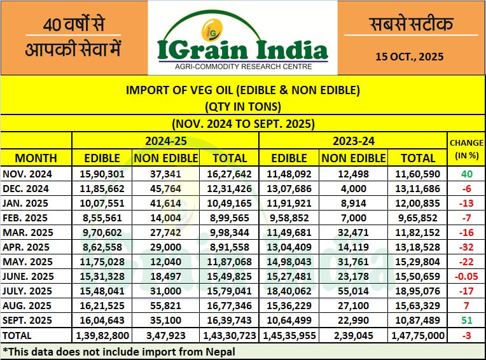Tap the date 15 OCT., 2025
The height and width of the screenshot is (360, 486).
pyautogui.click(x=410, y=56)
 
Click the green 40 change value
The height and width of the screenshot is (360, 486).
pyautogui.click(x=466, y=174)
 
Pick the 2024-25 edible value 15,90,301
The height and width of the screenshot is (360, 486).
pyautogui.click(x=102, y=174)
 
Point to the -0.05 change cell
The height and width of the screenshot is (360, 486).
pyautogui.click(x=466, y=277)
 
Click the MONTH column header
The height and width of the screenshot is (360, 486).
pyautogui.click(x=36, y=158)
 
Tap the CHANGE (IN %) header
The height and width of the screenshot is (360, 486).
pyautogui.click(x=466, y=149)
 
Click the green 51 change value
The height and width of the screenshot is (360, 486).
pyautogui.click(x=466, y=321)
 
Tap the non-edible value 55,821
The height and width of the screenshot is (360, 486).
pyautogui.click(x=165, y=306)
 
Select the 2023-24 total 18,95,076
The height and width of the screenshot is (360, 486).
pyautogui.click(x=417, y=291)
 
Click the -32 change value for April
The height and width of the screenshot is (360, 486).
pyautogui.click(x=466, y=247)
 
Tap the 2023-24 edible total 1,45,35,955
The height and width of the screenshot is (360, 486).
pyautogui.click(x=289, y=335)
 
